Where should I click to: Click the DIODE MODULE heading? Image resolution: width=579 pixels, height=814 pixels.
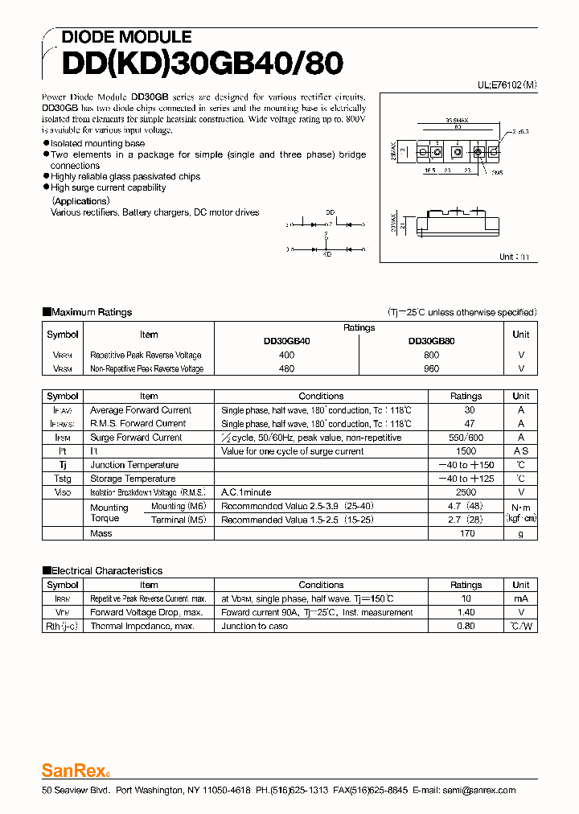126,37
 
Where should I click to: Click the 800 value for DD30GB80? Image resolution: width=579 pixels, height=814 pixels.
431,355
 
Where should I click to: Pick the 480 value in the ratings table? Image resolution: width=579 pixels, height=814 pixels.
286,368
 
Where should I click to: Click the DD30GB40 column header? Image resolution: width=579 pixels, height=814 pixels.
286,341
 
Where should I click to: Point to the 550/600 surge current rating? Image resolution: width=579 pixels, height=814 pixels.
466,438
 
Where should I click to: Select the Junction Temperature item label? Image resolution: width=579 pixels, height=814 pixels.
134,465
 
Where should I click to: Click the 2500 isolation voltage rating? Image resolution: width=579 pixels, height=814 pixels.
466,492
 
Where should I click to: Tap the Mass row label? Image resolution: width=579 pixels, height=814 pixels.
101,533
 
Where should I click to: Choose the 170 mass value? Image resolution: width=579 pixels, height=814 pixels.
466,533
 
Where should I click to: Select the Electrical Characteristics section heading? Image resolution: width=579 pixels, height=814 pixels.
106,570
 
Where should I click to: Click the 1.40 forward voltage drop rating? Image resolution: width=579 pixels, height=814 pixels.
466,613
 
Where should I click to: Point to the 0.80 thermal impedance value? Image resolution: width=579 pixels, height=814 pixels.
466,627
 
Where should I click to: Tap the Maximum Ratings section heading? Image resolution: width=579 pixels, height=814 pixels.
91,312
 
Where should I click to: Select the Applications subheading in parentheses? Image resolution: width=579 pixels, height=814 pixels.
80,201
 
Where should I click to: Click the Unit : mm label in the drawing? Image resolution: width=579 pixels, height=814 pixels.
514,257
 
